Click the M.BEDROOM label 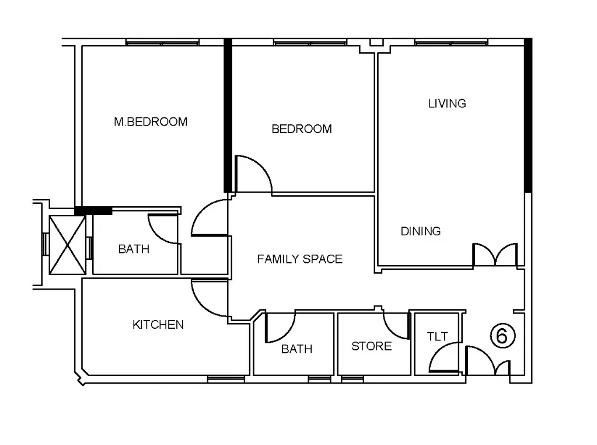(x=151, y=122)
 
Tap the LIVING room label (x=447, y=103)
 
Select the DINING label (x=421, y=231)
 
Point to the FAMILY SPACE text (x=299, y=259)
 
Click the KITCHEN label (x=158, y=325)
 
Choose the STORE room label (x=371, y=346)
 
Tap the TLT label (x=437, y=336)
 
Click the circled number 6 (x=502, y=336)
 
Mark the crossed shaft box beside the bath (x=67, y=245)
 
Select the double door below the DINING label (x=495, y=255)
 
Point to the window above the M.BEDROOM (x=162, y=42)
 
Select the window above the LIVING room (x=451, y=42)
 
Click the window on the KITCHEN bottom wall (x=226, y=379)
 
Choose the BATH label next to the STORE (x=296, y=349)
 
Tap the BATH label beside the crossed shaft (x=134, y=249)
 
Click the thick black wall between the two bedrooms (x=228, y=116)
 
